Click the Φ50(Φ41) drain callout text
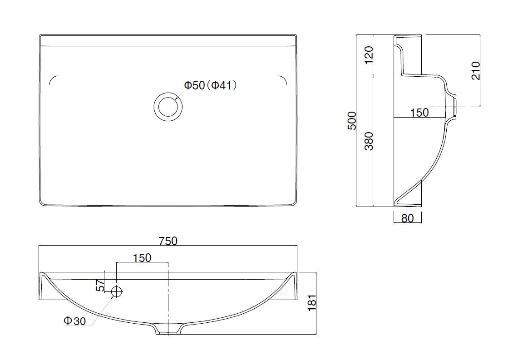click(x=211, y=85)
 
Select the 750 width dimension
click(x=168, y=241)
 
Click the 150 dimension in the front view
click(x=142, y=257)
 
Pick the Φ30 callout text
click(x=75, y=321)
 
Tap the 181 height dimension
click(x=312, y=303)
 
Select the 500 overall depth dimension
click(x=352, y=121)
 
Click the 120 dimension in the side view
click(x=369, y=55)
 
